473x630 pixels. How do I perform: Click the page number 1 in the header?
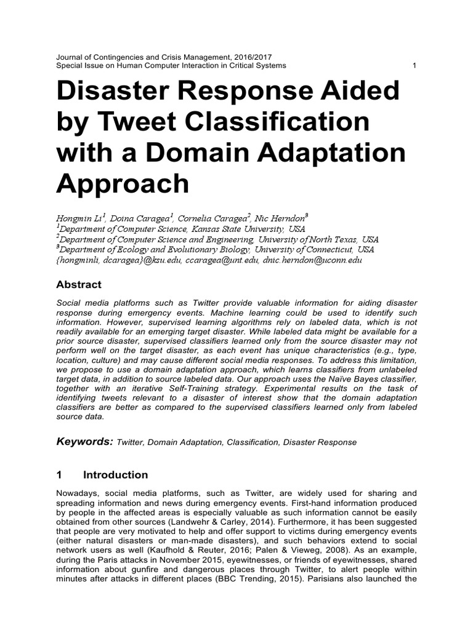point(414,66)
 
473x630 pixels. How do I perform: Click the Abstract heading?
point(79,285)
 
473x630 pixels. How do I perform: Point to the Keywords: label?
point(84,441)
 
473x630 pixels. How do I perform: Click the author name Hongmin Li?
point(80,218)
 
